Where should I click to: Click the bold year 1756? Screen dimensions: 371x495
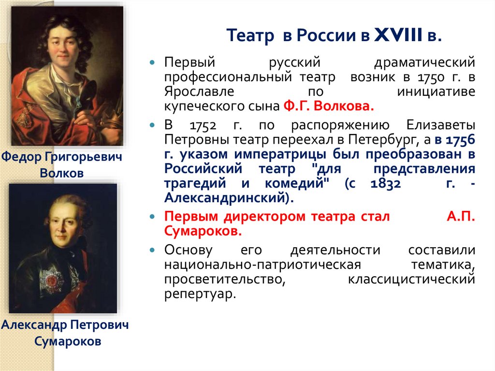460,140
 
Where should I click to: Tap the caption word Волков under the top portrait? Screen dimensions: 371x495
61,172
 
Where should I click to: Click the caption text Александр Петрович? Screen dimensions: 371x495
65,325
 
